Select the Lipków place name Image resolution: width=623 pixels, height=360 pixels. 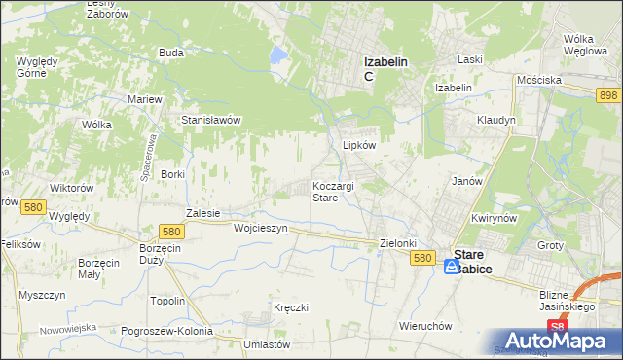click(359, 144)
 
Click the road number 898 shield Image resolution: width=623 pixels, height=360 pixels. click(608, 93)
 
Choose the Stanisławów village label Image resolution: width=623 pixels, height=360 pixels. click(211, 120)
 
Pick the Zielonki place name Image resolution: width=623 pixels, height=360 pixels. click(398, 243)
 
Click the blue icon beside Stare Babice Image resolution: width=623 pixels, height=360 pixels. click(453, 266)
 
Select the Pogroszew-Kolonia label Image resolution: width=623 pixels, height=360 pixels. click(167, 331)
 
